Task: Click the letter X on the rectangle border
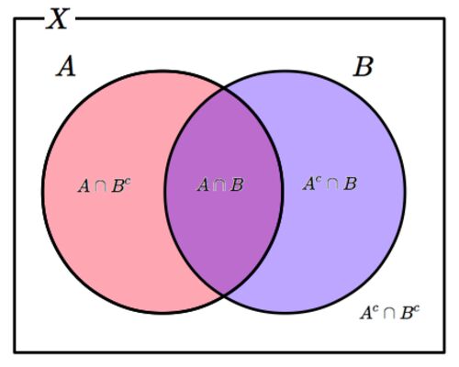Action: tap(57, 19)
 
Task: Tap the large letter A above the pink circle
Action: tap(66, 67)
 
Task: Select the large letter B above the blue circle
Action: tap(364, 67)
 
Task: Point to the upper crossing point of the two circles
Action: tap(224, 89)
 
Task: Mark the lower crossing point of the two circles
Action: tap(224, 295)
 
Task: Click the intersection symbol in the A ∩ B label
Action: tap(219, 185)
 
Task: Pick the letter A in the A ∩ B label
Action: tap(203, 185)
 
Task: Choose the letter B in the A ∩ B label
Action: tap(237, 185)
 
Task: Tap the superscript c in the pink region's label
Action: tap(128, 182)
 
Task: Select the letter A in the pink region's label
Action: tap(84, 186)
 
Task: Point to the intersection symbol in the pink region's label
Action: tap(101, 186)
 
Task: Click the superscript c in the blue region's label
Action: tap(319, 180)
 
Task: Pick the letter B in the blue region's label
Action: tap(350, 184)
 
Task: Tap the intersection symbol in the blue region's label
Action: tap(332, 184)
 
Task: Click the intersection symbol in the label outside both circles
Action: tap(389, 314)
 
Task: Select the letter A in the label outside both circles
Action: tap(366, 313)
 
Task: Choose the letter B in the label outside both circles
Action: tap(407, 314)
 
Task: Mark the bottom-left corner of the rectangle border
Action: tap(15, 351)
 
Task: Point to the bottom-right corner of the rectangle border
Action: tap(444, 351)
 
